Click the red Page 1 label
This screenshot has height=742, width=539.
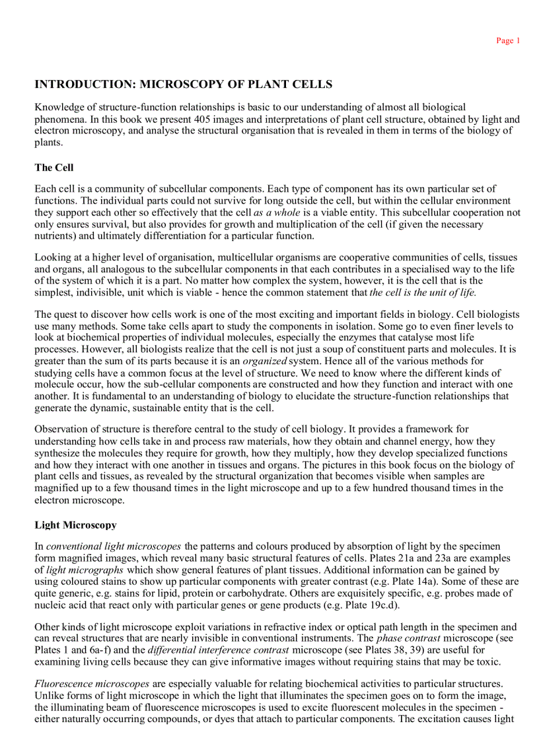tap(508, 41)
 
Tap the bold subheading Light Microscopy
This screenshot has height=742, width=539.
tap(75, 525)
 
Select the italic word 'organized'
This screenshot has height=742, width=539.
tap(264, 361)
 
